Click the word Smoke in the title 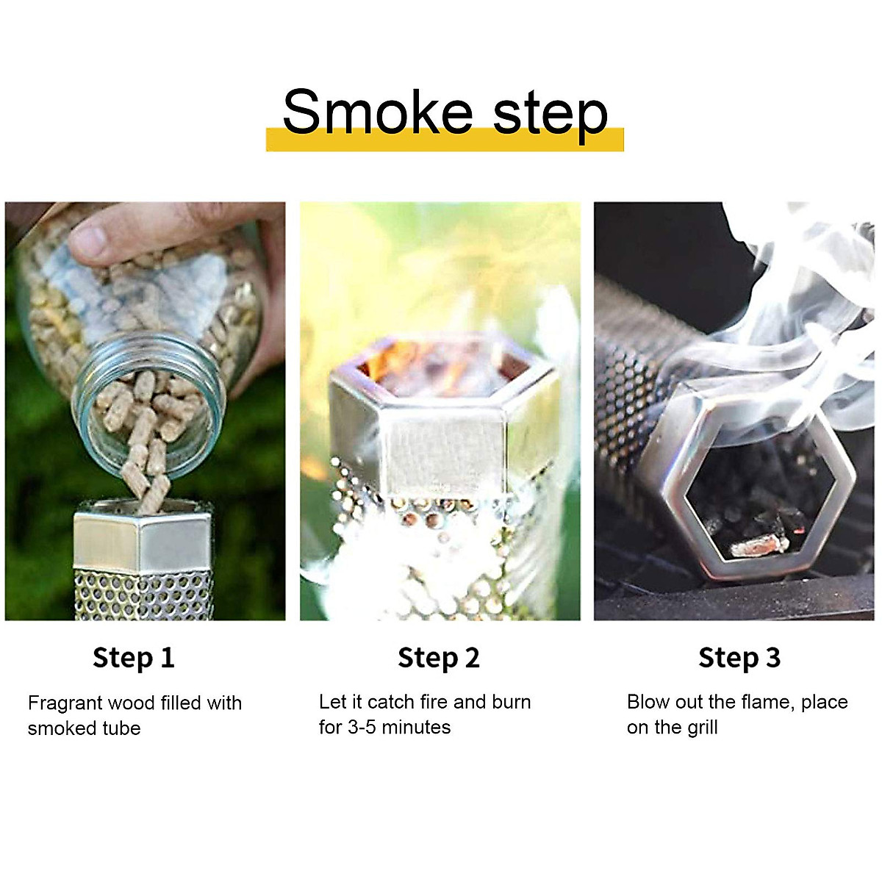coord(377,112)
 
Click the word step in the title coord(550,114)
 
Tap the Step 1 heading coord(134,658)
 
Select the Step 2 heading coord(438,658)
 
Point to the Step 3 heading coord(739,658)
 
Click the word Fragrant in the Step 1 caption coord(65,703)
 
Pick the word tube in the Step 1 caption coord(122,728)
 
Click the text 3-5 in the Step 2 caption coord(367,728)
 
